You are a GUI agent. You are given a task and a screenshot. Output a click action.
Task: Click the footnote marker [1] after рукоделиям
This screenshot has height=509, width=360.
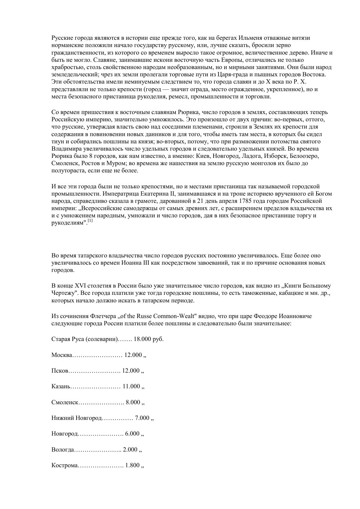coord(90,221)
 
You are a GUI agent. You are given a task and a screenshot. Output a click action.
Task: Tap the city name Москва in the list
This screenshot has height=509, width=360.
coord(61,355)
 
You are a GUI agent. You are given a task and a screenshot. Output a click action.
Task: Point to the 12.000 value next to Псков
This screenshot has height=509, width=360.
coord(131,371)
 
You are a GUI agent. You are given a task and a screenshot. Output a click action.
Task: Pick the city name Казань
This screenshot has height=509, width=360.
coord(61,386)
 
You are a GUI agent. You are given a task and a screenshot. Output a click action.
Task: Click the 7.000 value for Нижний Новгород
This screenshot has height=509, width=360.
coord(142,418)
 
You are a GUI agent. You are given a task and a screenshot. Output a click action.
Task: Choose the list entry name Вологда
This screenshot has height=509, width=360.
coord(63,450)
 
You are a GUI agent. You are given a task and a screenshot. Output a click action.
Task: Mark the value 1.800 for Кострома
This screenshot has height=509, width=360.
coord(132,465)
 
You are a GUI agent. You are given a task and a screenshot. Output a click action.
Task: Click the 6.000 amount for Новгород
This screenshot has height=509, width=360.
coord(132,434)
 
